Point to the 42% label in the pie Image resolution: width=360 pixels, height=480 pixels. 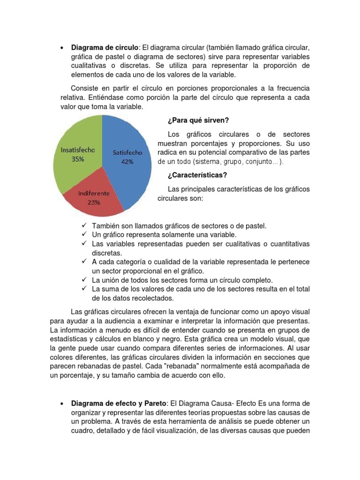pos(127,162)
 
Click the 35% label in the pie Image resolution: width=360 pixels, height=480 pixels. pos(78,159)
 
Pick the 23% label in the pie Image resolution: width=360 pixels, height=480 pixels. pos(94,202)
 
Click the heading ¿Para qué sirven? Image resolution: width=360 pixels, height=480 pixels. pos(197,120)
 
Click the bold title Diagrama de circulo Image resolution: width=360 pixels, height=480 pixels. pos(105,48)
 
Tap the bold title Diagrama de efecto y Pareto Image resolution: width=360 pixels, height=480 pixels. pos(118,403)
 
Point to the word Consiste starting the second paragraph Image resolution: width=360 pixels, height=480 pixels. pos(85,89)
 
